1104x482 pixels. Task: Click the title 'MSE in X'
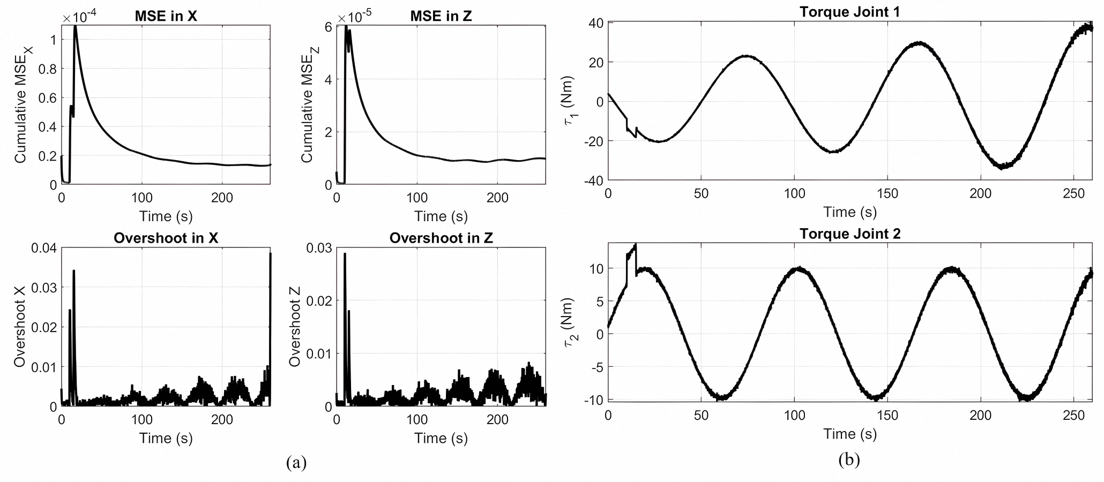pyautogui.click(x=166, y=16)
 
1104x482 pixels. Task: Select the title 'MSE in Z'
pyautogui.click(x=441, y=16)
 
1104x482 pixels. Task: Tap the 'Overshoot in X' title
pyautogui.click(x=166, y=238)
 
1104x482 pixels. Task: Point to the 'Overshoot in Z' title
pyautogui.click(x=441, y=238)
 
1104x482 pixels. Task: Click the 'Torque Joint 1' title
pyautogui.click(x=849, y=12)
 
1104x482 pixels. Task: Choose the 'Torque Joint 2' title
pyautogui.click(x=849, y=234)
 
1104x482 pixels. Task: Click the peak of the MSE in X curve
pyautogui.click(x=76, y=27)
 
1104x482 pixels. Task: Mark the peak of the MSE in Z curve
pyautogui.click(x=346, y=27)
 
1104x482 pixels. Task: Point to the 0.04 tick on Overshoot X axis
pyautogui.click(x=43, y=248)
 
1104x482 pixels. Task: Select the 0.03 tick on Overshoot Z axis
pyautogui.click(x=319, y=248)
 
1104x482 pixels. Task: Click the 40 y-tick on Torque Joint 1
pyautogui.click(x=597, y=23)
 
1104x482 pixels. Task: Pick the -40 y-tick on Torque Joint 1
pyautogui.click(x=594, y=180)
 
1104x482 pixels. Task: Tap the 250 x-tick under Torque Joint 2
pyautogui.click(x=1074, y=416)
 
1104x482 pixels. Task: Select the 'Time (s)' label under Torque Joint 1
pyautogui.click(x=849, y=212)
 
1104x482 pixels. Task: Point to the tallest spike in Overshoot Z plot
pyautogui.click(x=345, y=254)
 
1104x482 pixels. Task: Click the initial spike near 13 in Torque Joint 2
pyautogui.click(x=635, y=246)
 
